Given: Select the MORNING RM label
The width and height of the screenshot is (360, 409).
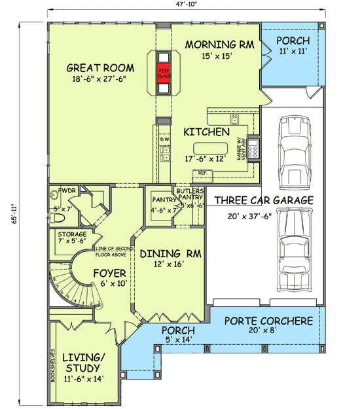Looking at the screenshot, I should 209,44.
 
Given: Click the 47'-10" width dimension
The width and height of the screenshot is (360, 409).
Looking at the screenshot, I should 186,4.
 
